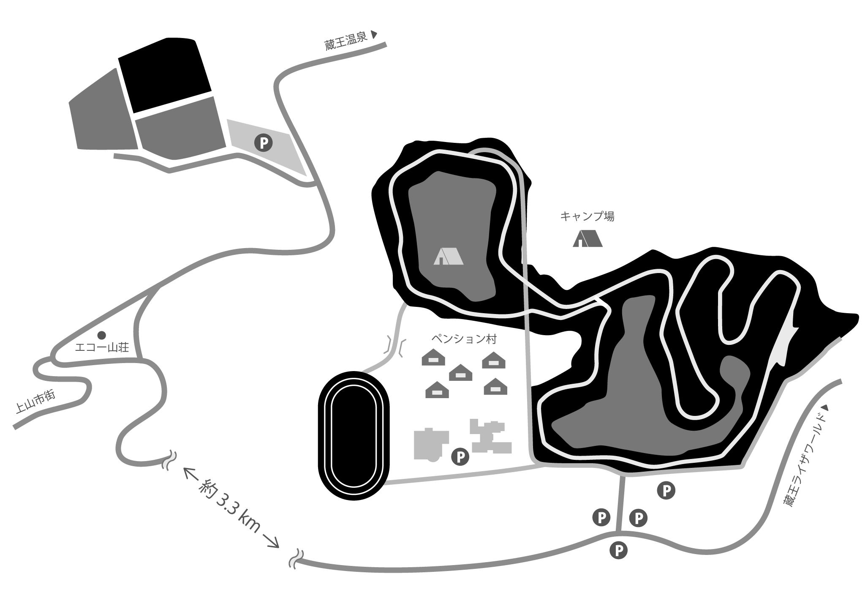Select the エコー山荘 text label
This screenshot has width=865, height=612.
click(x=101, y=347)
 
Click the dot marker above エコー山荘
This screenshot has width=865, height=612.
click(x=101, y=335)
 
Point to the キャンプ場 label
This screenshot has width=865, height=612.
click(x=587, y=217)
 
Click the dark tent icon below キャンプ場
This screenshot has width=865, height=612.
click(x=588, y=239)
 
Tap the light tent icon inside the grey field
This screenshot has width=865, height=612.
click(x=448, y=256)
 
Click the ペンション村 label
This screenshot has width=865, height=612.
click(x=464, y=339)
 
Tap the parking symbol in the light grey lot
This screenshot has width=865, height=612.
click(x=263, y=143)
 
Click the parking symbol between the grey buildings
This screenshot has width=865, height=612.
click(x=460, y=456)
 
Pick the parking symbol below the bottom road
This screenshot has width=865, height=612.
click(x=619, y=550)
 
